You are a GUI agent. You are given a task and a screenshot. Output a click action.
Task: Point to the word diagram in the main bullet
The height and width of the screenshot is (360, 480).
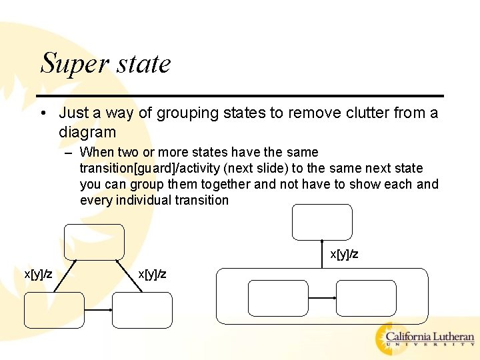click(87, 132)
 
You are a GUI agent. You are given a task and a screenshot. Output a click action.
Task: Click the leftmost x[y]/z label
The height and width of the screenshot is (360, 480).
click(38, 274)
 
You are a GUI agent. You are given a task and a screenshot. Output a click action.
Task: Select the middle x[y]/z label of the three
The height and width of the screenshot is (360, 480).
click(152, 274)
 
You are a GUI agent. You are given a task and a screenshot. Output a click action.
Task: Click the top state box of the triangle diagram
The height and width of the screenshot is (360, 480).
click(94, 242)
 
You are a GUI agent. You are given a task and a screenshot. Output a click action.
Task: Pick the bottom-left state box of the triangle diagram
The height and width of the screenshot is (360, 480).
click(55, 310)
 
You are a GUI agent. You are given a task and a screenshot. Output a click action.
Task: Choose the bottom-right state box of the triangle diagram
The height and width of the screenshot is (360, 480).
click(142, 310)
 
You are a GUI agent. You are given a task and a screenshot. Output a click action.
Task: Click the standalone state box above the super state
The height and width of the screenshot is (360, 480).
click(322, 222)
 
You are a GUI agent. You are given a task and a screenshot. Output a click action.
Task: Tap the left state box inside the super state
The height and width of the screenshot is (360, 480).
click(278, 298)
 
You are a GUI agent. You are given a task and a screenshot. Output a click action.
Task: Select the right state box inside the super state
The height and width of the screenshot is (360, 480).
click(366, 298)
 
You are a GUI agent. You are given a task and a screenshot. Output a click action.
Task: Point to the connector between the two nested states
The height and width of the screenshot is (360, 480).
click(322, 298)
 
